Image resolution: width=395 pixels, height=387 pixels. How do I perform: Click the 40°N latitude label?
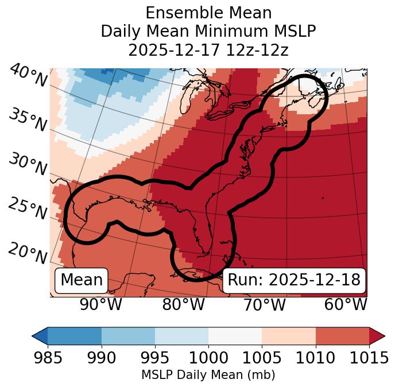point(28,76)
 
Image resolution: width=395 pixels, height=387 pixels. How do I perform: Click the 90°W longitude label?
point(101,305)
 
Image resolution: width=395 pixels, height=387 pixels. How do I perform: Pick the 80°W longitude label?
point(183,305)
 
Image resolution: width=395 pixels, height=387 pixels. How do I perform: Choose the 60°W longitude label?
point(346,305)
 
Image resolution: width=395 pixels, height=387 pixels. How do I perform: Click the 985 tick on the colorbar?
point(48,358)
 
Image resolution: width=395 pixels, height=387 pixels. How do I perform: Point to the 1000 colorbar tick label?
point(208,358)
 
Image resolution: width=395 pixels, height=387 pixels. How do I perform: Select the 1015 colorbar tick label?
point(369,358)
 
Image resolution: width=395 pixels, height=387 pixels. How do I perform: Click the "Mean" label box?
point(82,280)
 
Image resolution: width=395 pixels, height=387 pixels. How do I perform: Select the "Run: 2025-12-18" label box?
point(294,280)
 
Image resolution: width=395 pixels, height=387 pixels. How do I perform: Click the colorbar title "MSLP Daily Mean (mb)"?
point(208,376)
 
